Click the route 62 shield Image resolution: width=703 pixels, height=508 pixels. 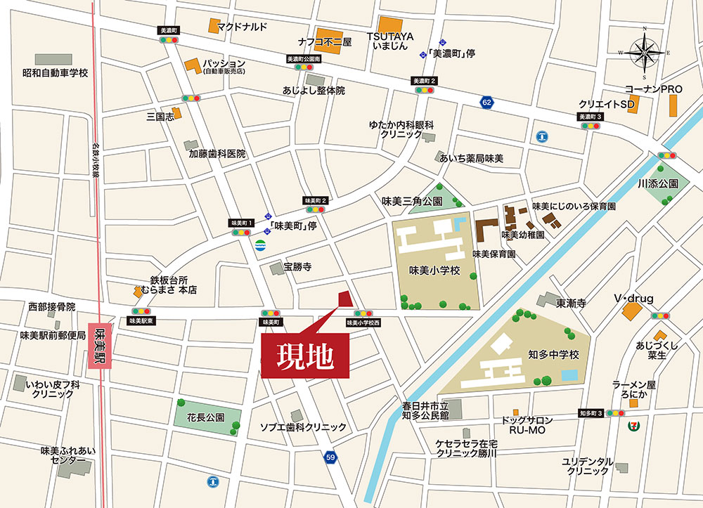(x=486, y=103)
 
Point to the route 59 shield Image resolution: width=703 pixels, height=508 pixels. (x=330, y=457)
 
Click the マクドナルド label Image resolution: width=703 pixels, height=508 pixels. (x=242, y=27)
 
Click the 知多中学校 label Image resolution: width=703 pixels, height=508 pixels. (x=553, y=355)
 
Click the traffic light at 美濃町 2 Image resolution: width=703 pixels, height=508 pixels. (x=425, y=91)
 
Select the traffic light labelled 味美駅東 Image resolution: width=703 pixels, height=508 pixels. (x=141, y=311)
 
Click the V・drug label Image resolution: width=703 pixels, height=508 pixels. (x=633, y=299)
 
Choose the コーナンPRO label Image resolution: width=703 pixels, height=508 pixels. (x=654, y=89)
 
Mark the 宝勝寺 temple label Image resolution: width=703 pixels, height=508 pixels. (x=297, y=267)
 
